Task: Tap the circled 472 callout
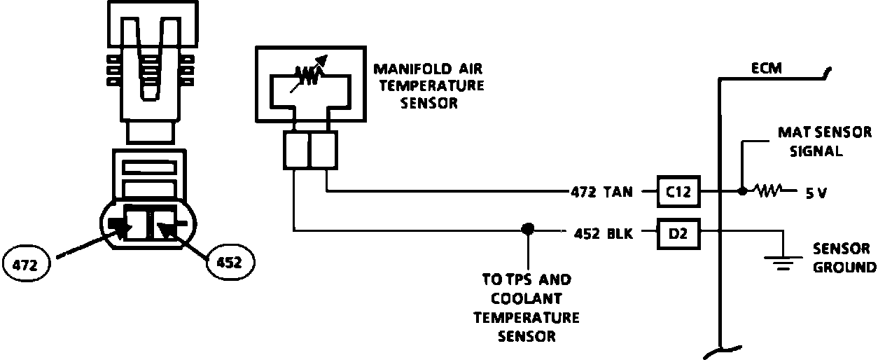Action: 26,266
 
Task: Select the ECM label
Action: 767,69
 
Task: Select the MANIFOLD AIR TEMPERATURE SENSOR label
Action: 428,86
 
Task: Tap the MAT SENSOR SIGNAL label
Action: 825,141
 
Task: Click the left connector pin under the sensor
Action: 295,150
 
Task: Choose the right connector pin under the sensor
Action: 323,150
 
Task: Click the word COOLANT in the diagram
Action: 527,298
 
